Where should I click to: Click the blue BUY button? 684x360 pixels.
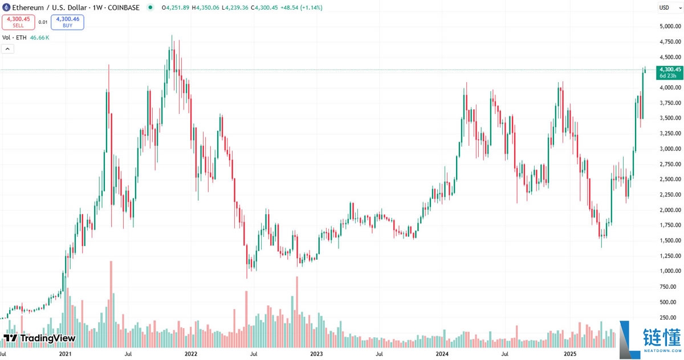tap(67, 22)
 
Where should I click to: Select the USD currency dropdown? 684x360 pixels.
tap(666, 7)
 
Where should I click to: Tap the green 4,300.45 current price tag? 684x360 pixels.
tap(669, 69)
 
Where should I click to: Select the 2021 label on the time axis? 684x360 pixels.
tap(66, 354)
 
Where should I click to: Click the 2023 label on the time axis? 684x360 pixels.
tap(316, 354)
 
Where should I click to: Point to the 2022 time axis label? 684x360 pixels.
tap(191, 354)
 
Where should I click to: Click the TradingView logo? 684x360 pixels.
tap(40, 338)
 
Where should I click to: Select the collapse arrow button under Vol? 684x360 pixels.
tap(8, 49)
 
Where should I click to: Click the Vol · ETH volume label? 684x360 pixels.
tap(15, 38)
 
